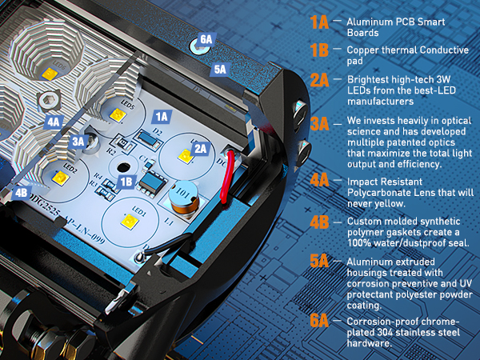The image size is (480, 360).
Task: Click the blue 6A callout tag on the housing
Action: point(206,39)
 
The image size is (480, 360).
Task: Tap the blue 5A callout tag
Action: point(220,70)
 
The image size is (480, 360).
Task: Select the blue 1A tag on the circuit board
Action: point(162,117)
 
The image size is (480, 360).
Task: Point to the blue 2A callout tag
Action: point(201,149)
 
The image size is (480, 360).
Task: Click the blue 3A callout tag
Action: point(78,142)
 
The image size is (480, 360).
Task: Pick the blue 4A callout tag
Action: point(54,122)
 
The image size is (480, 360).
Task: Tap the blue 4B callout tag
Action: point(22,193)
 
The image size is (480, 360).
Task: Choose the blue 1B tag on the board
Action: point(126,182)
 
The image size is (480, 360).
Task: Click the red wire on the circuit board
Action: point(228,176)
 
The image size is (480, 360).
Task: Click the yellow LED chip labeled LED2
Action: point(60,178)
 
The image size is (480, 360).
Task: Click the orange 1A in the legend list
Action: point(319,22)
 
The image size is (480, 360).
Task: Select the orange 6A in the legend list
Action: point(319,321)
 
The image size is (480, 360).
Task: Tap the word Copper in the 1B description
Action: point(362,50)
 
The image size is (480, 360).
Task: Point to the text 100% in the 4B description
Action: point(357,243)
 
